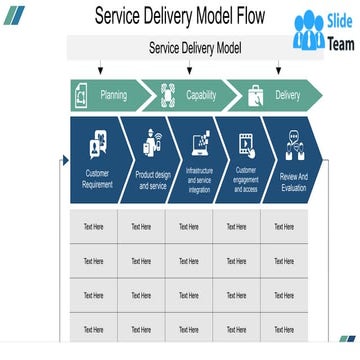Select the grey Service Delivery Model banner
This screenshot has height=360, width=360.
pyautogui.click(x=195, y=47)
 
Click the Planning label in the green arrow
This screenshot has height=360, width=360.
pyautogui.click(x=113, y=95)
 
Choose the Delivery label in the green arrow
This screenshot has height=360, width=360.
pyautogui.click(x=287, y=95)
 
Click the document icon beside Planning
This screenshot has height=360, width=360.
pyautogui.click(x=81, y=96)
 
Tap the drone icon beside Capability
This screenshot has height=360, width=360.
pyautogui.click(x=168, y=95)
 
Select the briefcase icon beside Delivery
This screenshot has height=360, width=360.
pyautogui.click(x=255, y=95)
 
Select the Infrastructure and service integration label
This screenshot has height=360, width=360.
pyautogui.click(x=200, y=180)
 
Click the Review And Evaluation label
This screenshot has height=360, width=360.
pyautogui.click(x=294, y=181)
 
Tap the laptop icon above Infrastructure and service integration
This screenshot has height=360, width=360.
pyautogui.click(x=200, y=143)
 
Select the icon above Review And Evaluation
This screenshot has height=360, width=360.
pyautogui.click(x=293, y=146)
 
